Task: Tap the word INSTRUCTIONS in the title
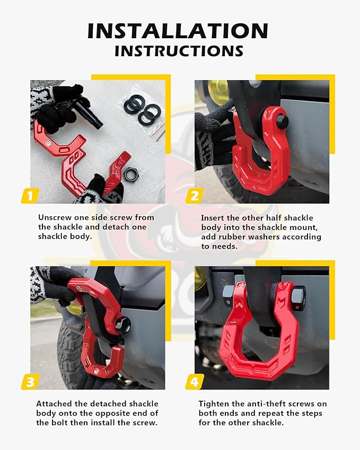pyautogui.click(x=179, y=51)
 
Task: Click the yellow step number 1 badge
pyautogui.click(x=30, y=196)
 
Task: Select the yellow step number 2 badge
pyautogui.click(x=194, y=196)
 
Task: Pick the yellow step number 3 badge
pyautogui.click(x=30, y=381)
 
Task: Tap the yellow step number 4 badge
pyautogui.click(x=194, y=381)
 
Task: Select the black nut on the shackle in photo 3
pyautogui.click(x=124, y=324)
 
